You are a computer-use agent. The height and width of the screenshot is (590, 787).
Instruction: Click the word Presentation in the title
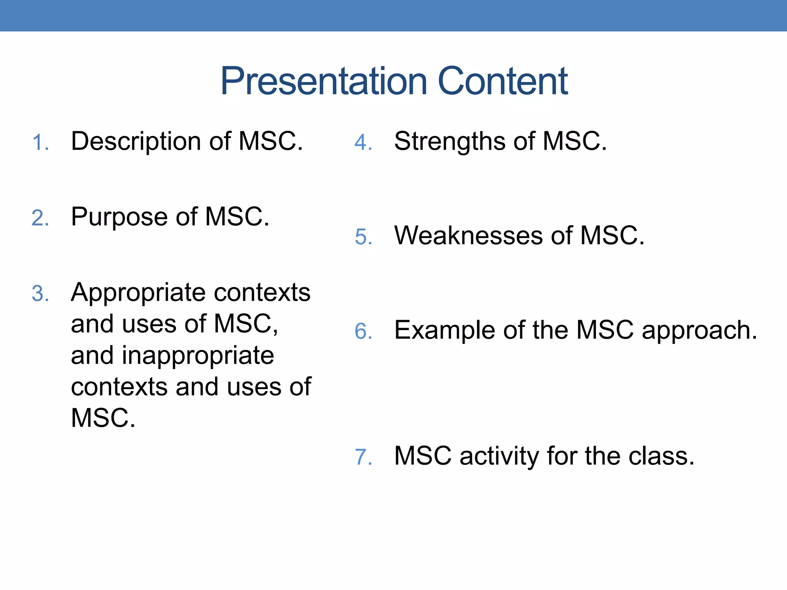[324, 81]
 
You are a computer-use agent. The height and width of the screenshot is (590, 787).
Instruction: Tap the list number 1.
[40, 143]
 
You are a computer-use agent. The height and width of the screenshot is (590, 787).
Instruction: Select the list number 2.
[40, 219]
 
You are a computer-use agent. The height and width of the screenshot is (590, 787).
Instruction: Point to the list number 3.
[40, 294]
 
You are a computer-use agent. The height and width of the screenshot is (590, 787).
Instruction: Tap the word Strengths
[450, 141]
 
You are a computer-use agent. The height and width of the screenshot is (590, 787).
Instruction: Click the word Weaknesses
[468, 235]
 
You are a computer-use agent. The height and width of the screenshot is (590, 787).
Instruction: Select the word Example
[445, 331]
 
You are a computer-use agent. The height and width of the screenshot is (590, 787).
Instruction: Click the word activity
[500, 456]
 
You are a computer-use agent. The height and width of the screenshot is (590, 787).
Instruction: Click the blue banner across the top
[393, 15]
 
